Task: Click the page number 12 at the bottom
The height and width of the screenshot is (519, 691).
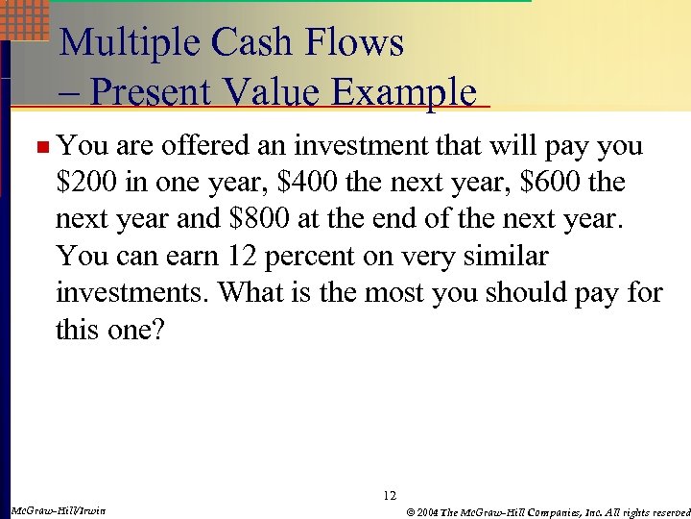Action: (x=389, y=495)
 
